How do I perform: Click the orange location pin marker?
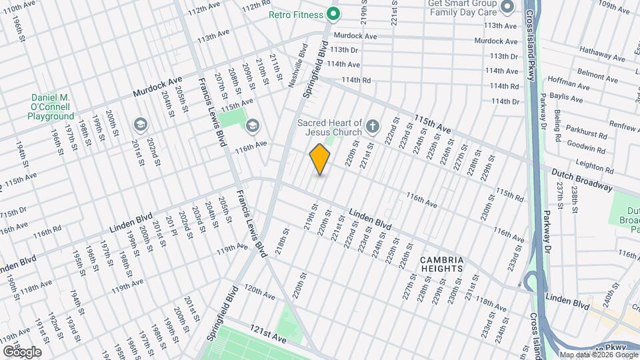point(320,159)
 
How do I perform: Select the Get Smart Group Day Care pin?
point(507,7)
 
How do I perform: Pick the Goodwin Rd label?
point(587,147)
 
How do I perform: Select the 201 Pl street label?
point(169,226)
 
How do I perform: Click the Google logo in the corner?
point(21,352)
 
